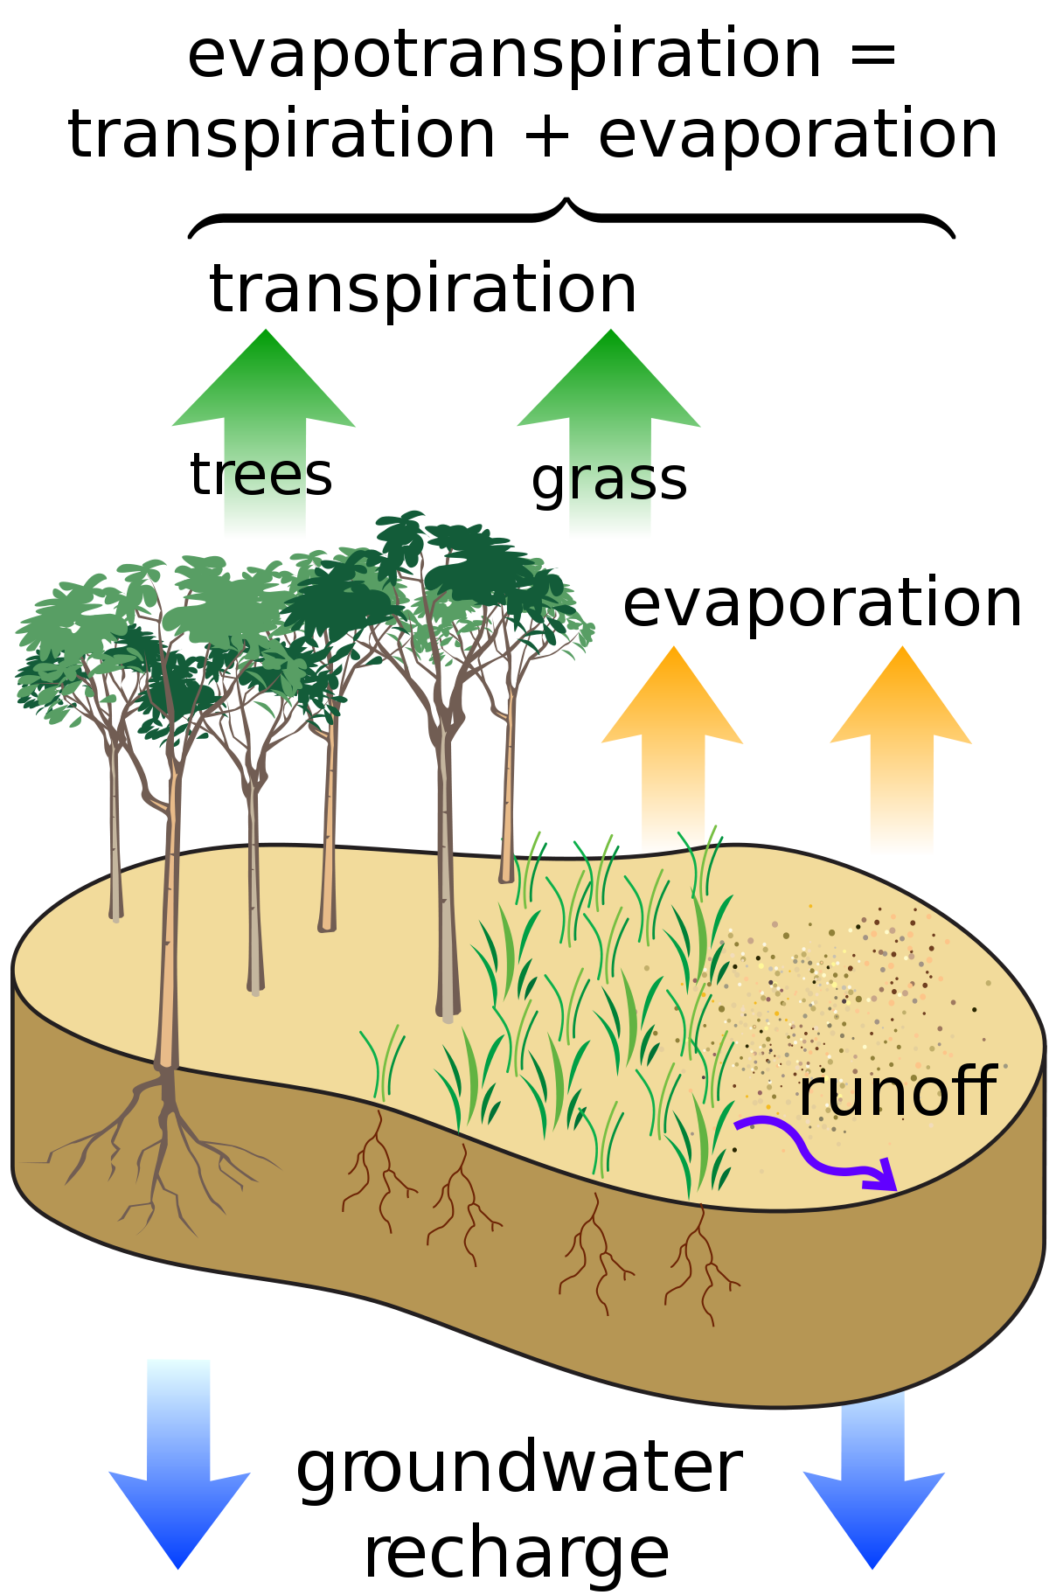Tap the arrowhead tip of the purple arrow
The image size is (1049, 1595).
tap(894, 1188)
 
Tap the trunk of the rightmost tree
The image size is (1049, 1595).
tap(508, 787)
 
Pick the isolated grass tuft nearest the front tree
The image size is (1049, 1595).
tap(383, 1062)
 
